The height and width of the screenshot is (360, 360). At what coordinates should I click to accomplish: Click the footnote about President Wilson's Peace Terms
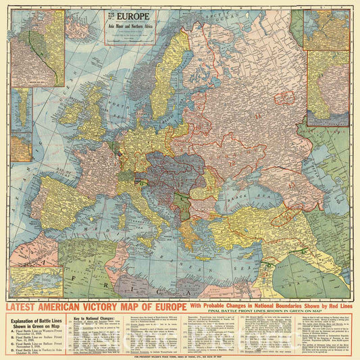(x=180, y=356)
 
